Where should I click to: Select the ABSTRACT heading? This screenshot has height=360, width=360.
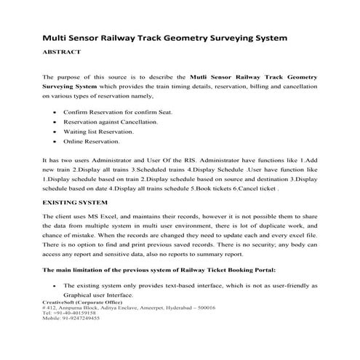[62, 52]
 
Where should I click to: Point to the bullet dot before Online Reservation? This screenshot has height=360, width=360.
[57, 141]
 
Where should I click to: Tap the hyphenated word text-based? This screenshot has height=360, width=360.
[172, 286]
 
